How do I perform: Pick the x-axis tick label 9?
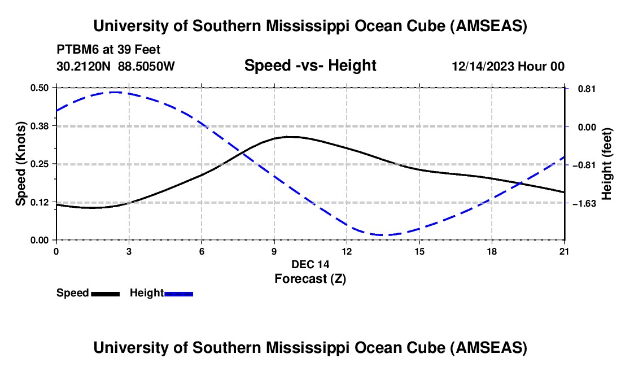[x=274, y=251]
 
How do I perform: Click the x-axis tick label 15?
[x=419, y=251]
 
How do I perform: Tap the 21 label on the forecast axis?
[x=565, y=251]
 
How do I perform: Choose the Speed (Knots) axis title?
[x=21, y=164]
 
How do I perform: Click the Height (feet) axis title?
[x=607, y=164]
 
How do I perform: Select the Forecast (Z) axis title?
[x=310, y=278]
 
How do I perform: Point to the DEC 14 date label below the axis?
[x=310, y=264]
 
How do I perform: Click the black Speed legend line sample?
[x=105, y=293]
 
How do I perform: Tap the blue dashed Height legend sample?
[x=179, y=293]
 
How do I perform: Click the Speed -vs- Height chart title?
[x=310, y=65]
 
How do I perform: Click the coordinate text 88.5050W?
[x=147, y=66]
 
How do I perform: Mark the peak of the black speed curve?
[x=289, y=137]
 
